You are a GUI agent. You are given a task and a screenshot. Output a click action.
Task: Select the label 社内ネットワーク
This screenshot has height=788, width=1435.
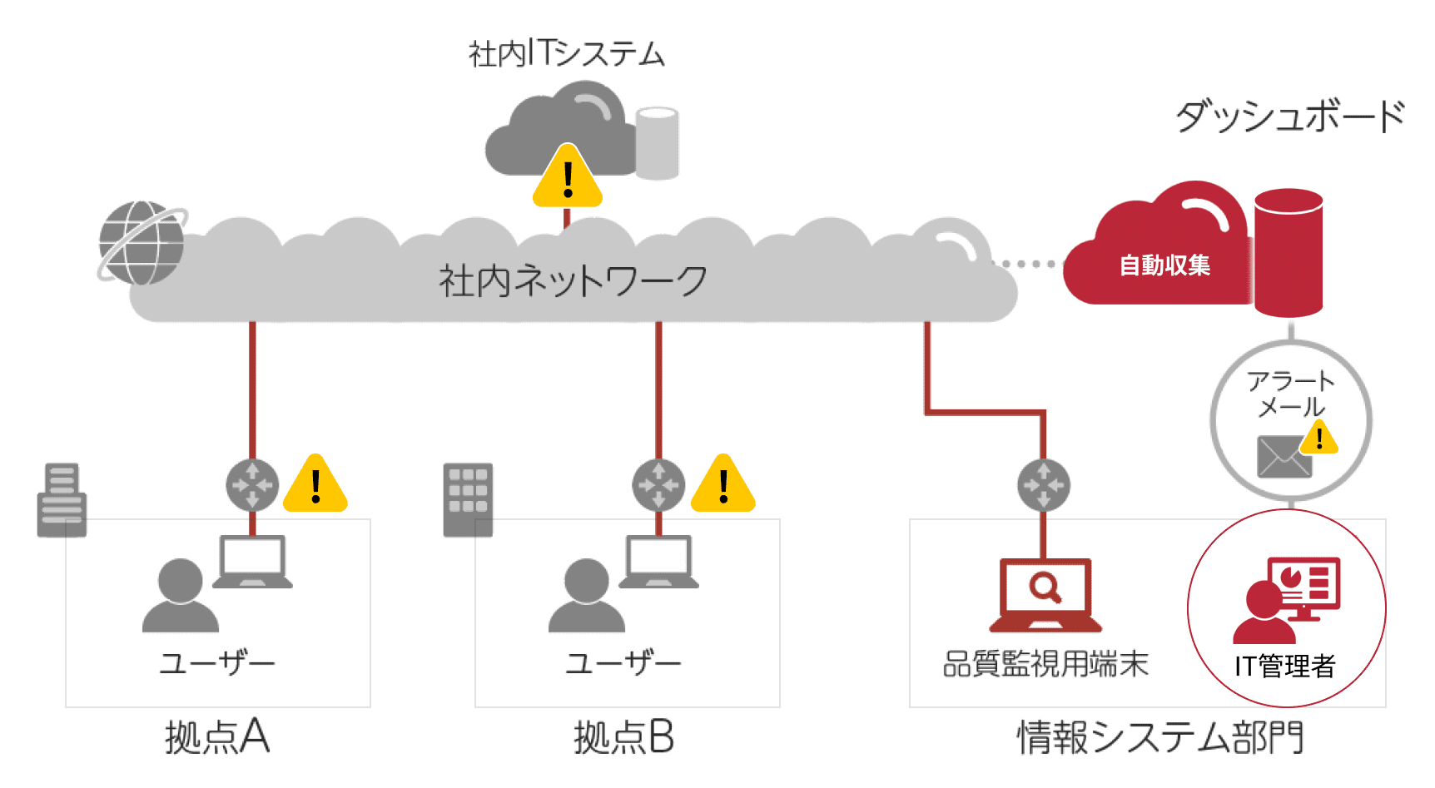[x=573, y=280]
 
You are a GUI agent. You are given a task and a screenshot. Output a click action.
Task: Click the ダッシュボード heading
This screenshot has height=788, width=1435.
[x=1290, y=116]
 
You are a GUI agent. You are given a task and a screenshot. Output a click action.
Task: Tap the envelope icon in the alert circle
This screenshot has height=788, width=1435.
[x=1284, y=457]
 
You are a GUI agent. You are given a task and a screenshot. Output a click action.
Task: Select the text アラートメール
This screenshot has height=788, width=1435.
[x=1291, y=394]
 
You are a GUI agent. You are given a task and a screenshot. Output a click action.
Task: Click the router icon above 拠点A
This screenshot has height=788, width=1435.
[x=252, y=484]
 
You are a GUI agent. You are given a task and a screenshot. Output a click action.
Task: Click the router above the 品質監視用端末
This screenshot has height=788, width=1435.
[x=1043, y=484]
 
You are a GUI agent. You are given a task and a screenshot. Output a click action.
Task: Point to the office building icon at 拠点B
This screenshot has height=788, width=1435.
[x=468, y=499]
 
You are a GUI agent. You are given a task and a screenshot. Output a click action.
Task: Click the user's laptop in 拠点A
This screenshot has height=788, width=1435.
[x=253, y=562]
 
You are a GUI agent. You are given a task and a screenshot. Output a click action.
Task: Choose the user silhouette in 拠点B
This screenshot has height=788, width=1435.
[x=587, y=595]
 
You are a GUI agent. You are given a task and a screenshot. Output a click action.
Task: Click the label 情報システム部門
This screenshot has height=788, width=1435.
[x=1160, y=737]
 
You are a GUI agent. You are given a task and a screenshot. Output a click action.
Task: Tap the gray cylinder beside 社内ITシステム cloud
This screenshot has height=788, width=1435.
[x=657, y=143]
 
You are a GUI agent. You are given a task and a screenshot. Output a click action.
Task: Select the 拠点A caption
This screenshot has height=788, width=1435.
[x=217, y=737]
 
